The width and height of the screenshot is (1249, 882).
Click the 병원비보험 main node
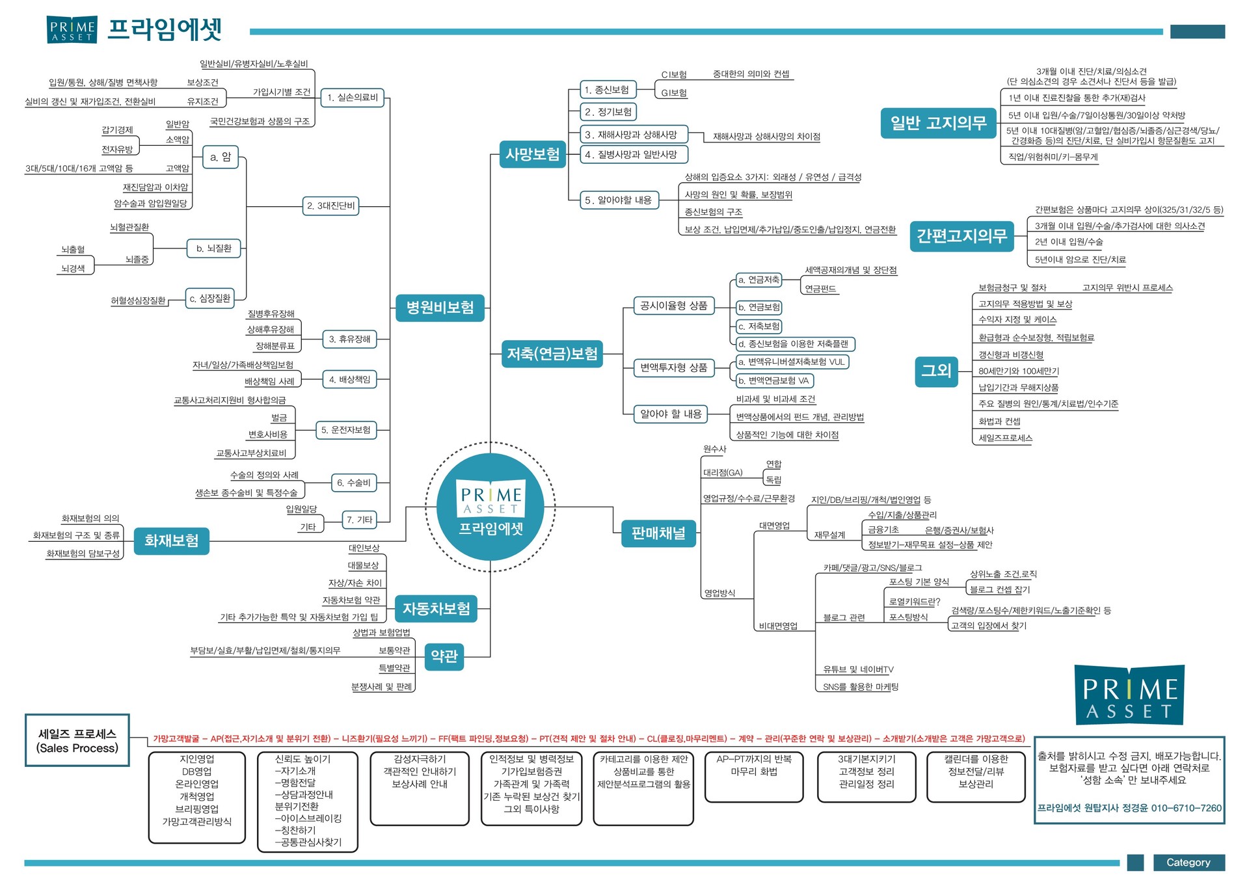click(x=440, y=308)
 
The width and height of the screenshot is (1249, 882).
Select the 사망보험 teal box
click(x=533, y=154)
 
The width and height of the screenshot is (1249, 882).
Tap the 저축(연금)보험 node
click(x=552, y=354)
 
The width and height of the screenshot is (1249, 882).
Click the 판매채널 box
click(x=658, y=534)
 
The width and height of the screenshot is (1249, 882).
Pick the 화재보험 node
click(x=172, y=541)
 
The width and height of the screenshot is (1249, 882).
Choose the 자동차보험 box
click(x=436, y=609)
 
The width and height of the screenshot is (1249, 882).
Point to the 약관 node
click(x=444, y=657)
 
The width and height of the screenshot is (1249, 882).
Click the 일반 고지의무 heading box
click(x=938, y=123)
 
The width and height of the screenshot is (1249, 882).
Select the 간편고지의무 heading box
click(x=961, y=235)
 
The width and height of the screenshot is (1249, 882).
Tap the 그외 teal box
click(x=936, y=371)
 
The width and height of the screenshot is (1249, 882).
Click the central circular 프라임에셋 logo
click(x=490, y=507)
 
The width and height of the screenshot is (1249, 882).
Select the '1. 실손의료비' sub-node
click(x=353, y=98)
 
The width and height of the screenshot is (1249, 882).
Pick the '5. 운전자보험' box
click(x=345, y=430)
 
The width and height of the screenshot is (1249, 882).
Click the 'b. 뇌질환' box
click(x=214, y=248)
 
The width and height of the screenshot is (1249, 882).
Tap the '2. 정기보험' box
click(x=608, y=112)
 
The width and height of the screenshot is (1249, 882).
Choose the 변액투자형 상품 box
click(x=674, y=367)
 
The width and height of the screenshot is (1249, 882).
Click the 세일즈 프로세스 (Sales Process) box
click(x=77, y=741)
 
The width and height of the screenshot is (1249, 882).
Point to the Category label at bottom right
click(x=1189, y=862)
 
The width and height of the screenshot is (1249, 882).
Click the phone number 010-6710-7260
click(x=1187, y=808)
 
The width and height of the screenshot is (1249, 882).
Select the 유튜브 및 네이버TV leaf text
click(x=858, y=669)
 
